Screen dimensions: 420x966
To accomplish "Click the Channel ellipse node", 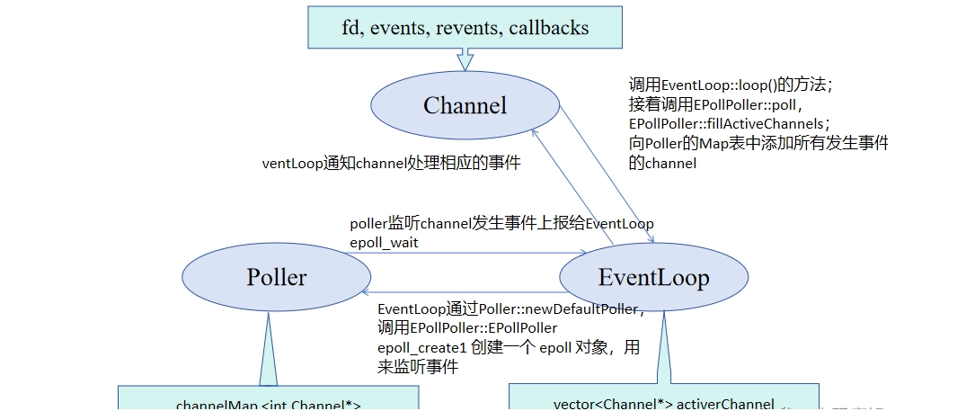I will click(x=465, y=106).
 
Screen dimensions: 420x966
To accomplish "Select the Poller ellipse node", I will click(x=277, y=277).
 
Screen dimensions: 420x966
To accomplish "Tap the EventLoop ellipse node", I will click(x=653, y=277).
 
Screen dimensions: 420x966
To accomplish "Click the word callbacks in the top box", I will click(x=548, y=27).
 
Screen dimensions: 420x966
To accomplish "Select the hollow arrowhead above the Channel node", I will click(x=465, y=60).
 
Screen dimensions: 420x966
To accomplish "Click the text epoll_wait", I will click(x=384, y=242).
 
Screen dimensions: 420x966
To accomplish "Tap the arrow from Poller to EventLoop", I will click(x=449, y=253).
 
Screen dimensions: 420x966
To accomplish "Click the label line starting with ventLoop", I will click(x=391, y=164).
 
